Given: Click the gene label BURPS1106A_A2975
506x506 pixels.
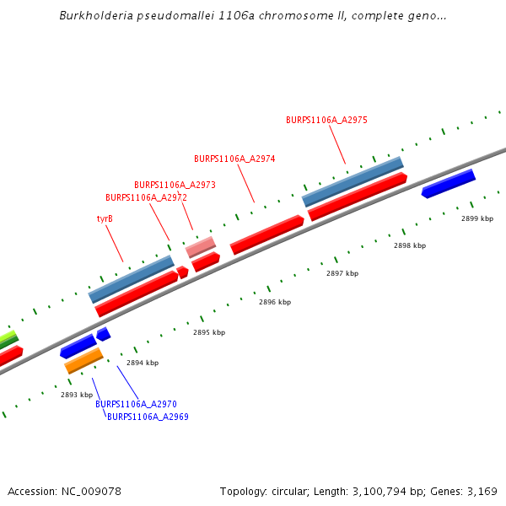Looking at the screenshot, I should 326,120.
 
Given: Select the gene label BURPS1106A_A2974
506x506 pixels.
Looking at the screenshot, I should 234,159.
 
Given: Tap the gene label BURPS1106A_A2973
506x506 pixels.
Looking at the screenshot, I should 175,185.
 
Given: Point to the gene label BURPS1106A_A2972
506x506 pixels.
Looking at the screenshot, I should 146,197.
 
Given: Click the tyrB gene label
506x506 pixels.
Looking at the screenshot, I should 105,218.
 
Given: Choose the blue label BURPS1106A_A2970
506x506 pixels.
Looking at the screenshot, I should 136,405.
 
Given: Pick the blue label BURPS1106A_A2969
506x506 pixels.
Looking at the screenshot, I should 148,417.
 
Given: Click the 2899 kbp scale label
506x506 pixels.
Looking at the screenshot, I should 476,218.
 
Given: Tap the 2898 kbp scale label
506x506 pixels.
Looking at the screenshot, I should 410,245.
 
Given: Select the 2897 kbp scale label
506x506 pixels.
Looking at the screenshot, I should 342,273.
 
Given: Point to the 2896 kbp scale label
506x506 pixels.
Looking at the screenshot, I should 275,302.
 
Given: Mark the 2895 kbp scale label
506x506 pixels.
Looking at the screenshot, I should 209,332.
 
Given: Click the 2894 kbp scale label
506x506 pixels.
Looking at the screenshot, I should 143,363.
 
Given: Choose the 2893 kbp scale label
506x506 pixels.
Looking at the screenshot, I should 77,395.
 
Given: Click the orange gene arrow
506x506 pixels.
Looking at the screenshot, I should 83,362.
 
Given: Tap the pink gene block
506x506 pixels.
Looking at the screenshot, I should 201,247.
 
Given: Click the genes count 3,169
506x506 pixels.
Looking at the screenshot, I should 482,491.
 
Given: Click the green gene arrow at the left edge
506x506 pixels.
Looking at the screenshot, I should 8,339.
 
